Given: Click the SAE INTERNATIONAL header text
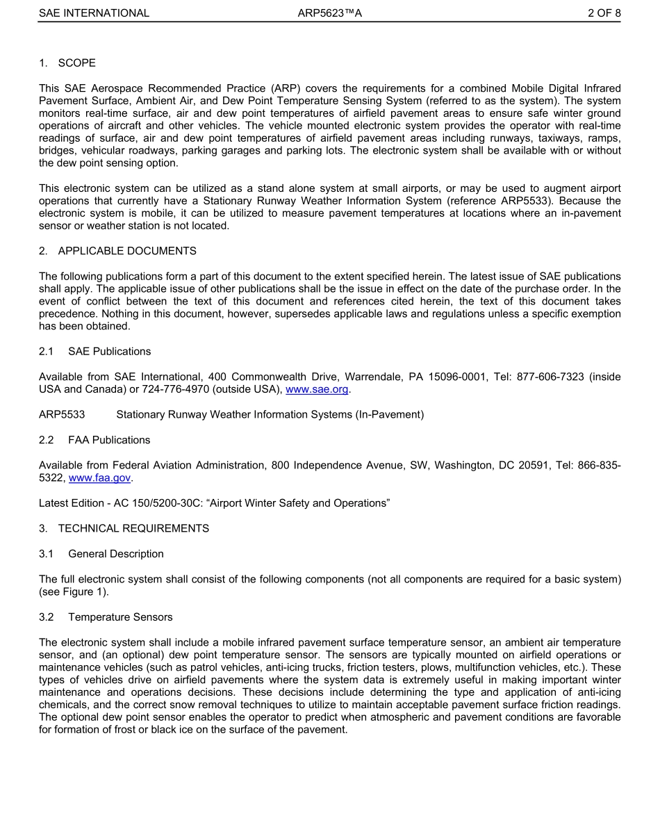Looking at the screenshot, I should (94, 13).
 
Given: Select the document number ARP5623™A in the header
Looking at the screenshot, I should (329, 13).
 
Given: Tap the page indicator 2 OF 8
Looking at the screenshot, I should (604, 13).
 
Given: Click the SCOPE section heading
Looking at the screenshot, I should (76, 63).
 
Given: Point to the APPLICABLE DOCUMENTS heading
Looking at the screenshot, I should (127, 251).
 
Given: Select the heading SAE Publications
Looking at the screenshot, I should (109, 352).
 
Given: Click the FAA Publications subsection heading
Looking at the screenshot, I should (109, 440).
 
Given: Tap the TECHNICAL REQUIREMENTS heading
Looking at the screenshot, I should (133, 528).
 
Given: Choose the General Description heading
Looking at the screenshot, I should (116, 554).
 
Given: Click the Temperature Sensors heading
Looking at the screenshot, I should (120, 617).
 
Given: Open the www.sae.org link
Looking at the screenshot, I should (317, 390).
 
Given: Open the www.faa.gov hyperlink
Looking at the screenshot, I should (99, 478).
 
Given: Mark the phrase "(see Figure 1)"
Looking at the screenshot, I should (74, 592).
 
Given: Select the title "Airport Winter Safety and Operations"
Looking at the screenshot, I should (290, 503).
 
